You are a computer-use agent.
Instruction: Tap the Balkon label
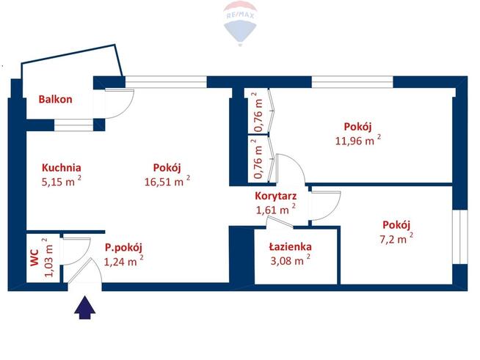coord(56,99)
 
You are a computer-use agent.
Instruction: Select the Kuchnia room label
coord(61,166)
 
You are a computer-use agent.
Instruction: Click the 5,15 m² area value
coord(62,181)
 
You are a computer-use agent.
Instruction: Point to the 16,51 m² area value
coord(167,181)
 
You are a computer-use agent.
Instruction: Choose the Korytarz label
coord(275,196)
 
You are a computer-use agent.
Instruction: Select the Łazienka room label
coord(291,247)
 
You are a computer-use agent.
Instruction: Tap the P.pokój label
coord(123,247)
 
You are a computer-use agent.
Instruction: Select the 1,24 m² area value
coord(123,260)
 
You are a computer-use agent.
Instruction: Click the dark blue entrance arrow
coord(86,306)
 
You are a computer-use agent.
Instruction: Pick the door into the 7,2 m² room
coord(326,203)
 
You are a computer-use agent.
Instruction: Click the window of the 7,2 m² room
coord(460,236)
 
